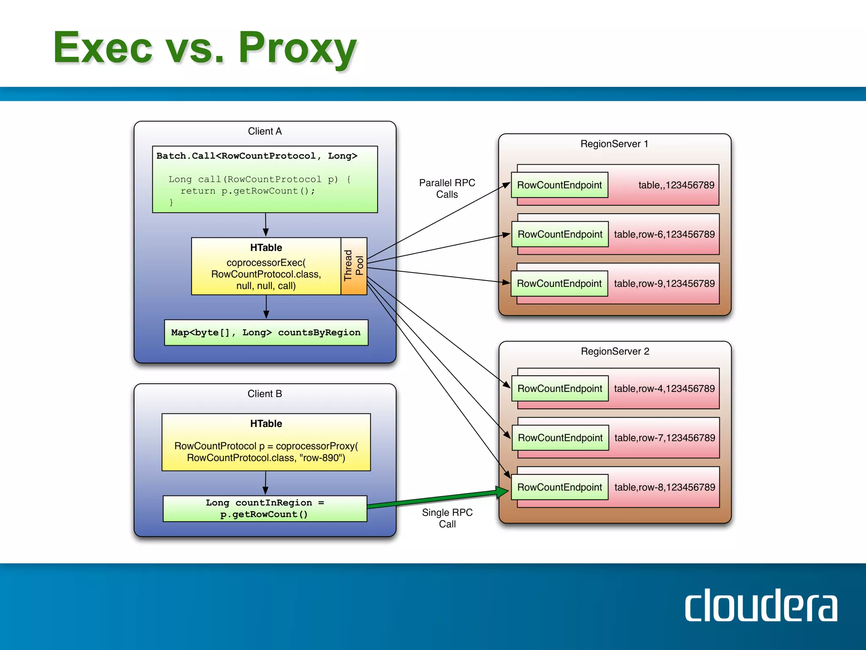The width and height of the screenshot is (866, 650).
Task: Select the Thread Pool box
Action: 354,266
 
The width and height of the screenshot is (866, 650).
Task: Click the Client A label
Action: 265,131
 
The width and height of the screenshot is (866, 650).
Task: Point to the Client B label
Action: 265,394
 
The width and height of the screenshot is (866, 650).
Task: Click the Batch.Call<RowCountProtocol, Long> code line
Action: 257,156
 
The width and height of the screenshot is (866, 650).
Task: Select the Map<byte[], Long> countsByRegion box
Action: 266,333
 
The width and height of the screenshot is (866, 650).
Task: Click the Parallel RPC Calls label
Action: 447,188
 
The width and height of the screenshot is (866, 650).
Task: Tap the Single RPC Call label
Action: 447,518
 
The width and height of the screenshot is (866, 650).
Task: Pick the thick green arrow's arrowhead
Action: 502,492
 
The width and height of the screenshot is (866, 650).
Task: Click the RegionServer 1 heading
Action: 614,144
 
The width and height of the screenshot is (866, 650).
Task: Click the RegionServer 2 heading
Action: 615,351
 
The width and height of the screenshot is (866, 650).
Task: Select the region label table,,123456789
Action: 676,185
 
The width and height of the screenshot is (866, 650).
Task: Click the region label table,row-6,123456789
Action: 664,234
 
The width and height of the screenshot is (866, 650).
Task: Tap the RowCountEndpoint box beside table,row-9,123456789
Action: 559,284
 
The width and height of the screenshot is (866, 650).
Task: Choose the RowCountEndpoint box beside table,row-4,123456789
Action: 559,388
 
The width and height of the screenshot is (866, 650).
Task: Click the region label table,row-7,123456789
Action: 665,438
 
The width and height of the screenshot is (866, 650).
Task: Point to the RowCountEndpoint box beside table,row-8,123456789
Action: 559,487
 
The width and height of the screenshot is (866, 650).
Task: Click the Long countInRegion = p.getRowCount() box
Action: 265,508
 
